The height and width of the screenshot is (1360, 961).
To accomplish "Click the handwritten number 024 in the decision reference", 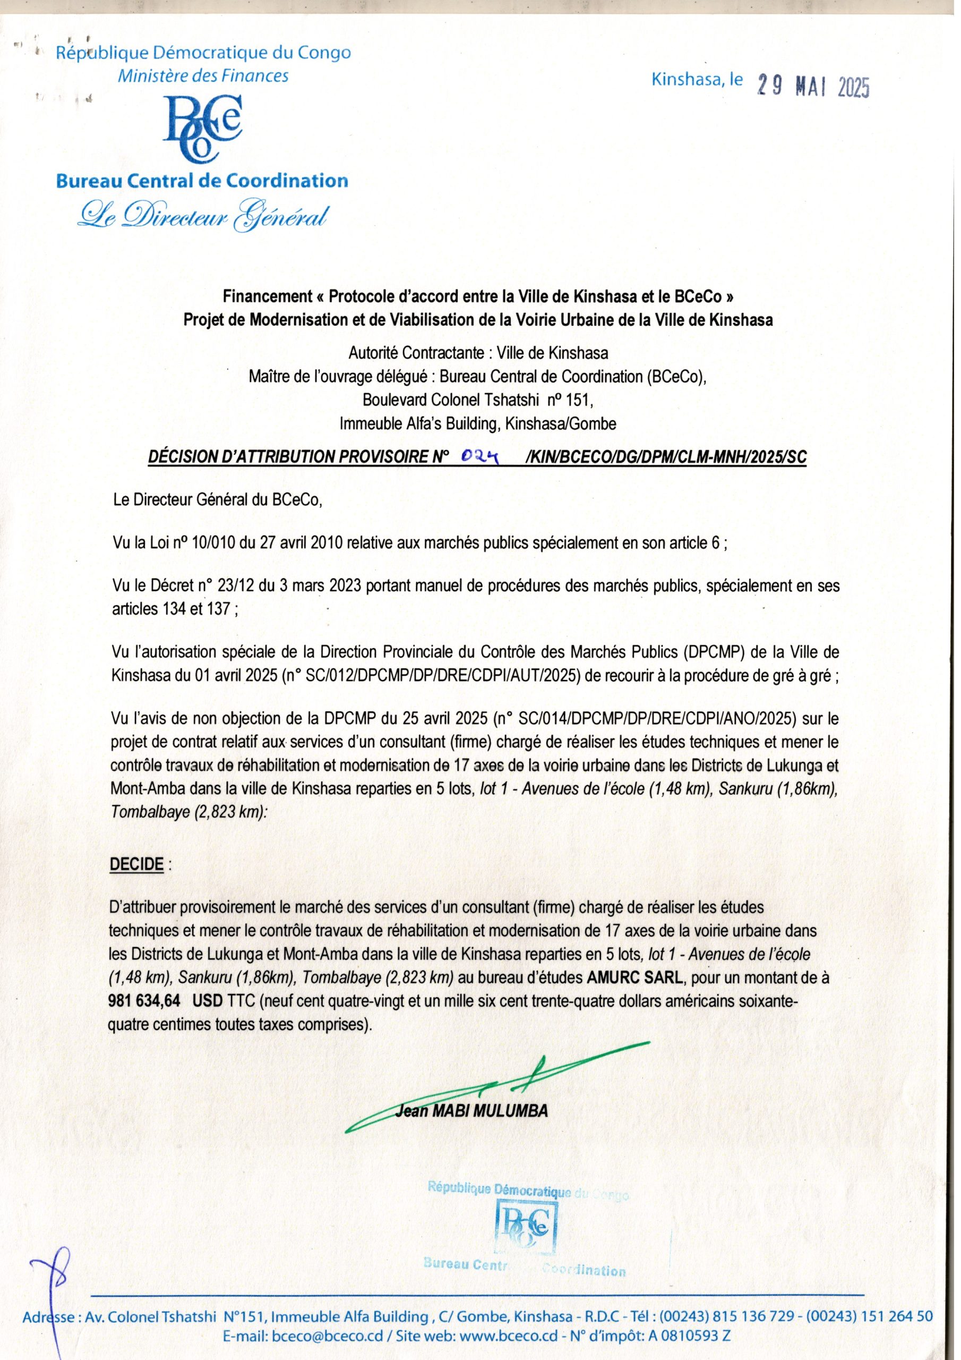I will (481, 455).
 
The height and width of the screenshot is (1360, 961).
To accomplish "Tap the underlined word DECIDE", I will (136, 864).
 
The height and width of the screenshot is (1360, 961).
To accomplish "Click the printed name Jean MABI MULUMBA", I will (471, 1111).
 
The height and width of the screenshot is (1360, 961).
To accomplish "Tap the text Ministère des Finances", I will (203, 76).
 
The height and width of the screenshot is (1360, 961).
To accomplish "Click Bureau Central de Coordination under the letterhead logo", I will (202, 181).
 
